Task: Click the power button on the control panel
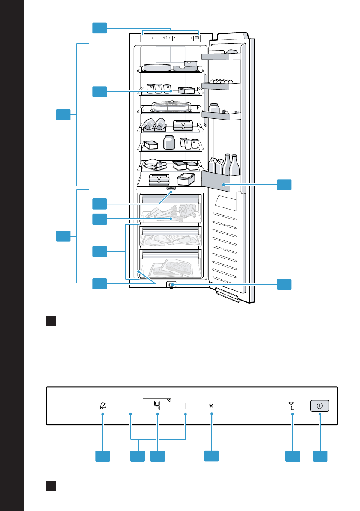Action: [x=320, y=406]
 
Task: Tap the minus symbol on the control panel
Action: [x=129, y=406]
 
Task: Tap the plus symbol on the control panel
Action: [x=185, y=406]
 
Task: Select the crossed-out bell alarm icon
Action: [x=103, y=406]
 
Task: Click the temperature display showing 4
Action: [x=157, y=406]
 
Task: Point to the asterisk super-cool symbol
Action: [x=211, y=406]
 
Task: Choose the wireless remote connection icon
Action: [x=291, y=406]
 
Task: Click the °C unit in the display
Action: [x=169, y=400]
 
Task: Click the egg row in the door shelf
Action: [x=221, y=81]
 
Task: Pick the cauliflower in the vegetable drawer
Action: [x=188, y=210]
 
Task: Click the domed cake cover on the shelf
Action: [x=171, y=106]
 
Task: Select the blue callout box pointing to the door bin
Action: [x=284, y=184]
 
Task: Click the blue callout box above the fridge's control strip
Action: [x=99, y=28]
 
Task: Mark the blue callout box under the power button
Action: [x=320, y=456]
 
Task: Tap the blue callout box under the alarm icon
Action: [x=102, y=456]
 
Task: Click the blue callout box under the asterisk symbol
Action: [x=211, y=456]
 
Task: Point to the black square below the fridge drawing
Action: [x=51, y=321]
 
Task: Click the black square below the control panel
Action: [x=51, y=486]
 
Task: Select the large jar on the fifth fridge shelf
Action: [x=169, y=142]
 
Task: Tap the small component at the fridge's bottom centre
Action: [x=171, y=285]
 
